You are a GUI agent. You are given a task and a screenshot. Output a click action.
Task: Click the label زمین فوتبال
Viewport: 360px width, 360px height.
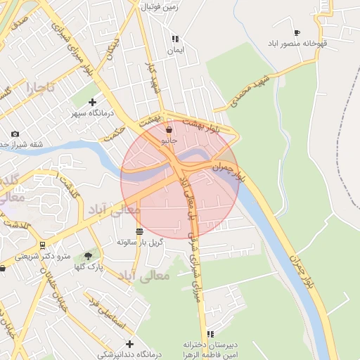tap(161, 7)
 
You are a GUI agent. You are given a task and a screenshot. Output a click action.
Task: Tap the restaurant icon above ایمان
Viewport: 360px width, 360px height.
tap(175, 39)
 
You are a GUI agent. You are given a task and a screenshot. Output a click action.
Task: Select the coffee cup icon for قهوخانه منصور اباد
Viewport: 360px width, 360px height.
tap(297, 32)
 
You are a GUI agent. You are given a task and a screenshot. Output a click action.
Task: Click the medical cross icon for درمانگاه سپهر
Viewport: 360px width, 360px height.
tap(92, 102)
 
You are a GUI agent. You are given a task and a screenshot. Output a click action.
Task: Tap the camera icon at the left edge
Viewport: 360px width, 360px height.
tap(15, 134)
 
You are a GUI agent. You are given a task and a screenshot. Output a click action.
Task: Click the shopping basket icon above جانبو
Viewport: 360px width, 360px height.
tap(169, 129)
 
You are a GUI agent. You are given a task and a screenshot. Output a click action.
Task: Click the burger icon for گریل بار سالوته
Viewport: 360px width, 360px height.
tap(139, 231)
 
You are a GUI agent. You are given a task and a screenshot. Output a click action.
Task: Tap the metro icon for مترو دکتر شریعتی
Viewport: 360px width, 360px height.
tap(43, 245)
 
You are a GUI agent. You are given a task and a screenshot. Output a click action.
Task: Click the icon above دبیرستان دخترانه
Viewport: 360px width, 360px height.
tap(210, 334)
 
